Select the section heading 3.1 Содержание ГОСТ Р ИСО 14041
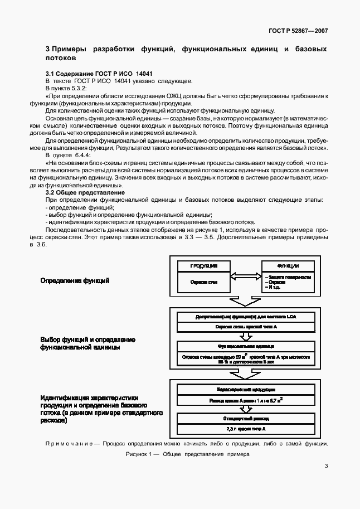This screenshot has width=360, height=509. tap(99, 74)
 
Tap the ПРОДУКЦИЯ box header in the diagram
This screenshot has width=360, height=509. tap(203, 266)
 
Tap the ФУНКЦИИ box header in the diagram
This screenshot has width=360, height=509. tap(288, 266)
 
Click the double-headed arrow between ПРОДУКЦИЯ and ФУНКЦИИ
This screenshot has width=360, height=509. tap(245, 277)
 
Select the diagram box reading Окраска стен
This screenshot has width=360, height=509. tap(203, 282)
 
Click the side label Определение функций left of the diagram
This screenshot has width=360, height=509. tap(75, 280)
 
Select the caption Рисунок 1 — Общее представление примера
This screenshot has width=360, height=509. tap(188, 454)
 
